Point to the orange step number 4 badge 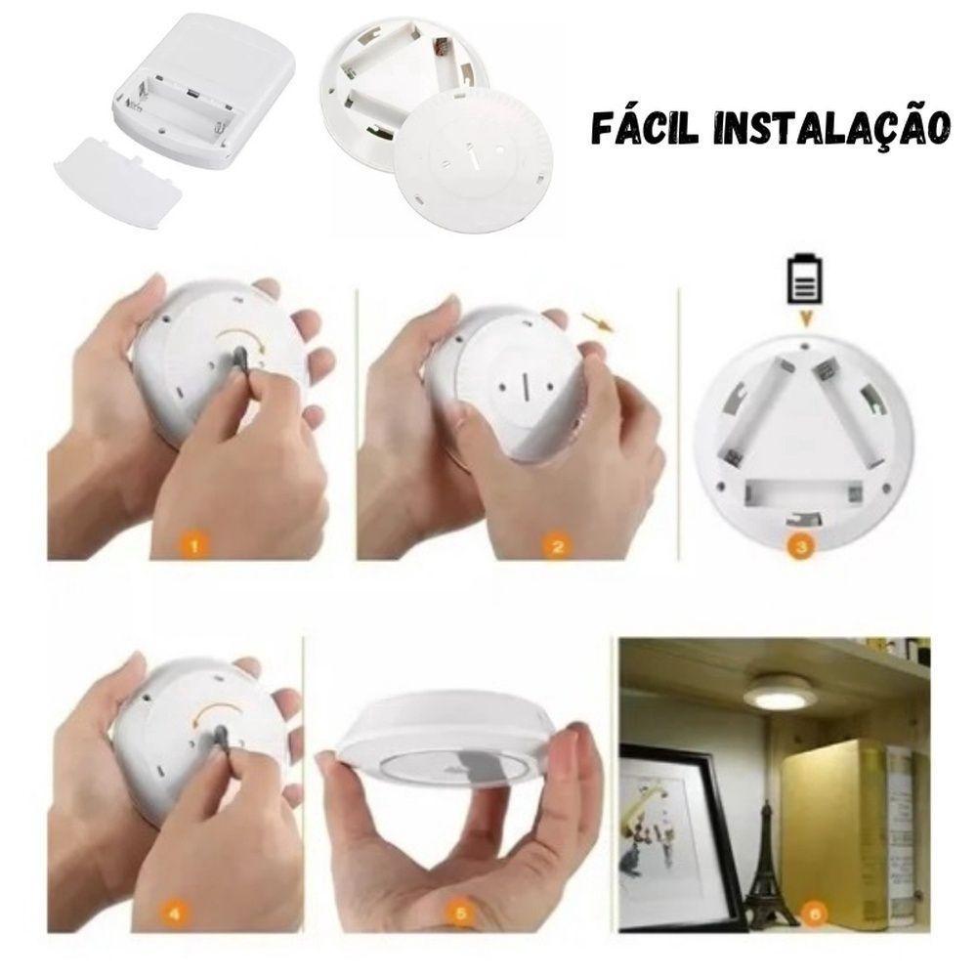coord(175,915)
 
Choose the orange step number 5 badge coord(463,915)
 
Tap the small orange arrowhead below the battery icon coord(803,319)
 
